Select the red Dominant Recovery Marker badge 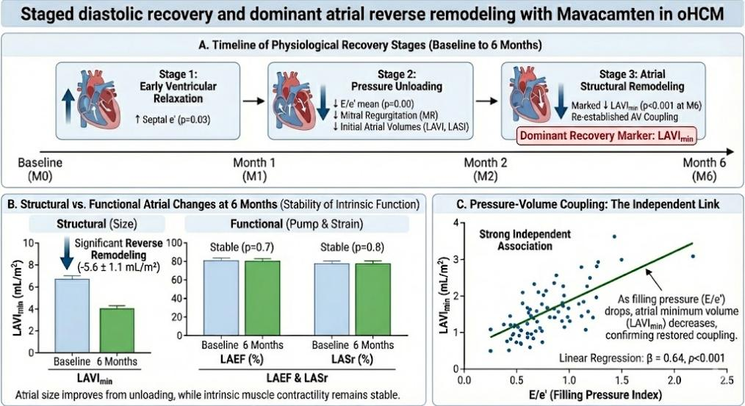coord(606,136)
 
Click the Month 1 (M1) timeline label coord(254,170)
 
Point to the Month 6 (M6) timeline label coord(704,170)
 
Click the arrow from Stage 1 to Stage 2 coord(253,101)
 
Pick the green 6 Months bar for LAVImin coord(116,330)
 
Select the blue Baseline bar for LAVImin coord(72,316)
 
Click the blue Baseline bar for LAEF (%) coord(221,298)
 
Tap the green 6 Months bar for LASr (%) coord(373,300)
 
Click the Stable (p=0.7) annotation coord(242,247)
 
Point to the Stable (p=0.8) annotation coord(352,247)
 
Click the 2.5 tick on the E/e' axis coord(726,380)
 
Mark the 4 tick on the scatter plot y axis coord(456,222)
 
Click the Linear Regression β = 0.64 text coord(642,358)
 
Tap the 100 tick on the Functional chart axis coord(174,243)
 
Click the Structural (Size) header coord(97,224)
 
